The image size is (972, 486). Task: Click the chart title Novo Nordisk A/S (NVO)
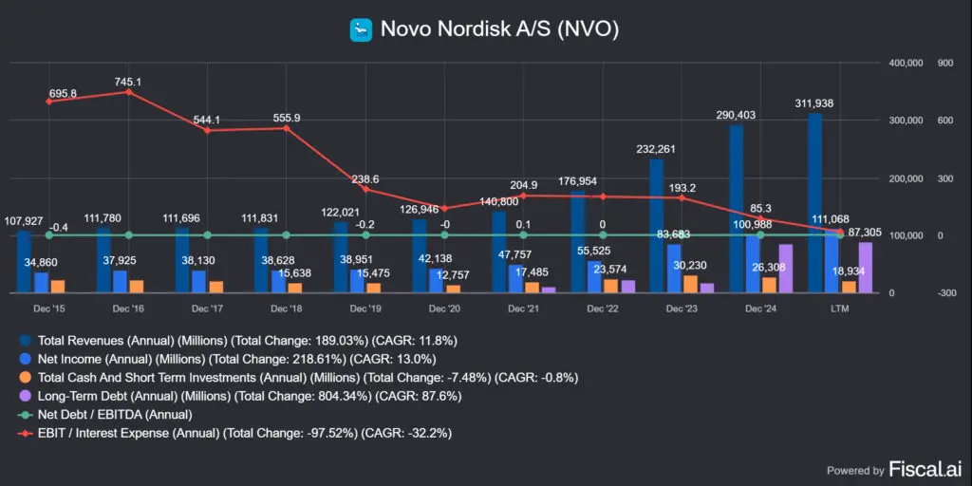[499, 29]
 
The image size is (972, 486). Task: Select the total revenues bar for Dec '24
[737, 208]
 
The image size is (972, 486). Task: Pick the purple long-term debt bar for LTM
[865, 268]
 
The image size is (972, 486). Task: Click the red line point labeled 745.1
[128, 92]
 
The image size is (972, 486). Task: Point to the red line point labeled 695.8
[49, 102]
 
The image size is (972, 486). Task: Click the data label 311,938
[813, 103]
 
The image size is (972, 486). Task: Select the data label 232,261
[657, 149]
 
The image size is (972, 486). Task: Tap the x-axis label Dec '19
[365, 309]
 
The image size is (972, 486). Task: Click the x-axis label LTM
[840, 309]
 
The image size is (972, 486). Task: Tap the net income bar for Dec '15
[41, 282]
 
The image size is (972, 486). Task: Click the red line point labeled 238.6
[365, 190]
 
